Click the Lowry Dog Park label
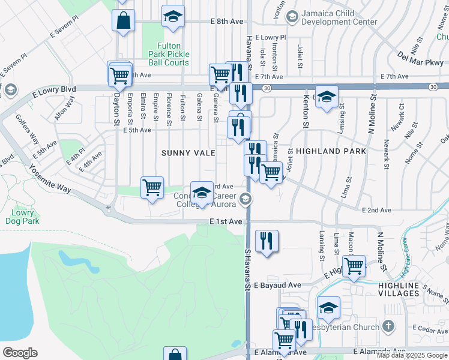(x=25, y=217)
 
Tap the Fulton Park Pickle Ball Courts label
(x=174, y=54)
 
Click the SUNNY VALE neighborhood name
(x=188, y=153)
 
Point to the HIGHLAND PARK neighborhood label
(x=331, y=152)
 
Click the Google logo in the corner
(x=20, y=353)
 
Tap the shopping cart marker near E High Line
(x=354, y=265)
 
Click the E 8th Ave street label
(x=227, y=22)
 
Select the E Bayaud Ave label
(x=277, y=286)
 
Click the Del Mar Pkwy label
(x=420, y=59)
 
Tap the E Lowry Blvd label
(x=54, y=89)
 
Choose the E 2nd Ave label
(x=376, y=210)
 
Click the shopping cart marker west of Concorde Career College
(x=152, y=187)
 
